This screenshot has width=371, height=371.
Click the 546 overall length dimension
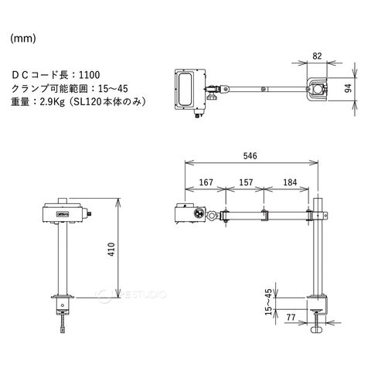coord(250,156)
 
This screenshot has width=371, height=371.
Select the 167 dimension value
coord(206,182)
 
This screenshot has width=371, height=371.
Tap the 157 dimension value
coord(246,182)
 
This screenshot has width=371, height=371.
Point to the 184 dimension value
coord(290,182)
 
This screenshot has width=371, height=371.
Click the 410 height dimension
coord(111,249)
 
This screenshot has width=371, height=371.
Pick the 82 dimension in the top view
coord(317,56)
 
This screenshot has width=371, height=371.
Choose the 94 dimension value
coord(348,88)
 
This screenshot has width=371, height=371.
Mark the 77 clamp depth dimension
coord(291,317)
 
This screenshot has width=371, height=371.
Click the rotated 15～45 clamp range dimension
coord(268,301)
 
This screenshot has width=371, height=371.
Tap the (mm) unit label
coord(23,39)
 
